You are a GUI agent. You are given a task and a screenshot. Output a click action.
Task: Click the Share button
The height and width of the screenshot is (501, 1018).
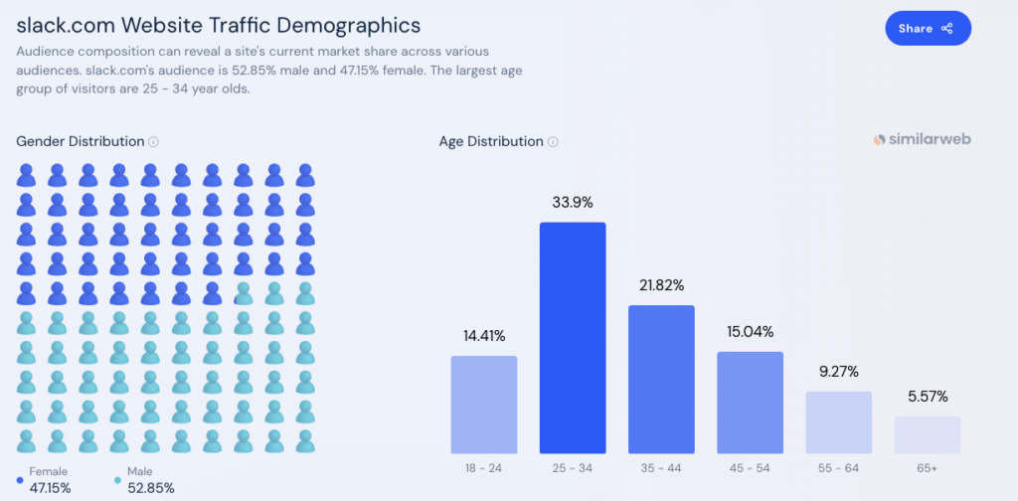tap(927, 29)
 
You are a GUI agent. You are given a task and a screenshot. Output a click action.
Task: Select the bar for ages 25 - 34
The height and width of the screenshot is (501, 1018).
tap(573, 338)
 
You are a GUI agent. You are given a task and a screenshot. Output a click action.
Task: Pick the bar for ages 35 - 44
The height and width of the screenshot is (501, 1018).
tap(661, 379)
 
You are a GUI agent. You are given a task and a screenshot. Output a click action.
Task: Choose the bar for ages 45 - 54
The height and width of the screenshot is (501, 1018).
tap(750, 403)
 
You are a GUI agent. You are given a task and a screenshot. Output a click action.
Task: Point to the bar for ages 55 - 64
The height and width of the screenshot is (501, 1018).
tap(838, 422)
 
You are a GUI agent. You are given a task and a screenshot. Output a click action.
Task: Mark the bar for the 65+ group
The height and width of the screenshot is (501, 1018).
tap(927, 434)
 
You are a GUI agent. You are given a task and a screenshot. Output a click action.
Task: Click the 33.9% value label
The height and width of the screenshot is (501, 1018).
tap(573, 203)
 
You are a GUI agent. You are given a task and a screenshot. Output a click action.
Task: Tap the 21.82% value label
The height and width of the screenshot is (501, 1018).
tap(661, 285)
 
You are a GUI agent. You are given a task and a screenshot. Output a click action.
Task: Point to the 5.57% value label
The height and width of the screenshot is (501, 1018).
tap(927, 397)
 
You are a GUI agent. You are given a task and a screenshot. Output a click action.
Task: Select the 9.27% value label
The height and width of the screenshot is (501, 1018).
tap(838, 372)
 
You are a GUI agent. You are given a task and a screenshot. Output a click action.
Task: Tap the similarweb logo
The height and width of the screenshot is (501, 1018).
tap(922, 140)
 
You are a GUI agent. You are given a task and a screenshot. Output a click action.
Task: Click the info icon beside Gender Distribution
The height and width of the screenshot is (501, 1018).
tap(154, 142)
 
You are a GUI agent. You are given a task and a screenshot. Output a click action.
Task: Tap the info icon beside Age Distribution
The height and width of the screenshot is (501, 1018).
tap(553, 142)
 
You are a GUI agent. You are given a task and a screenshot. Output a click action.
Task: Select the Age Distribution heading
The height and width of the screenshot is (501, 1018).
tap(491, 142)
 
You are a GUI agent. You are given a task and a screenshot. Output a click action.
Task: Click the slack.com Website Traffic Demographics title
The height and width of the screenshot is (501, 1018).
tap(219, 24)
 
